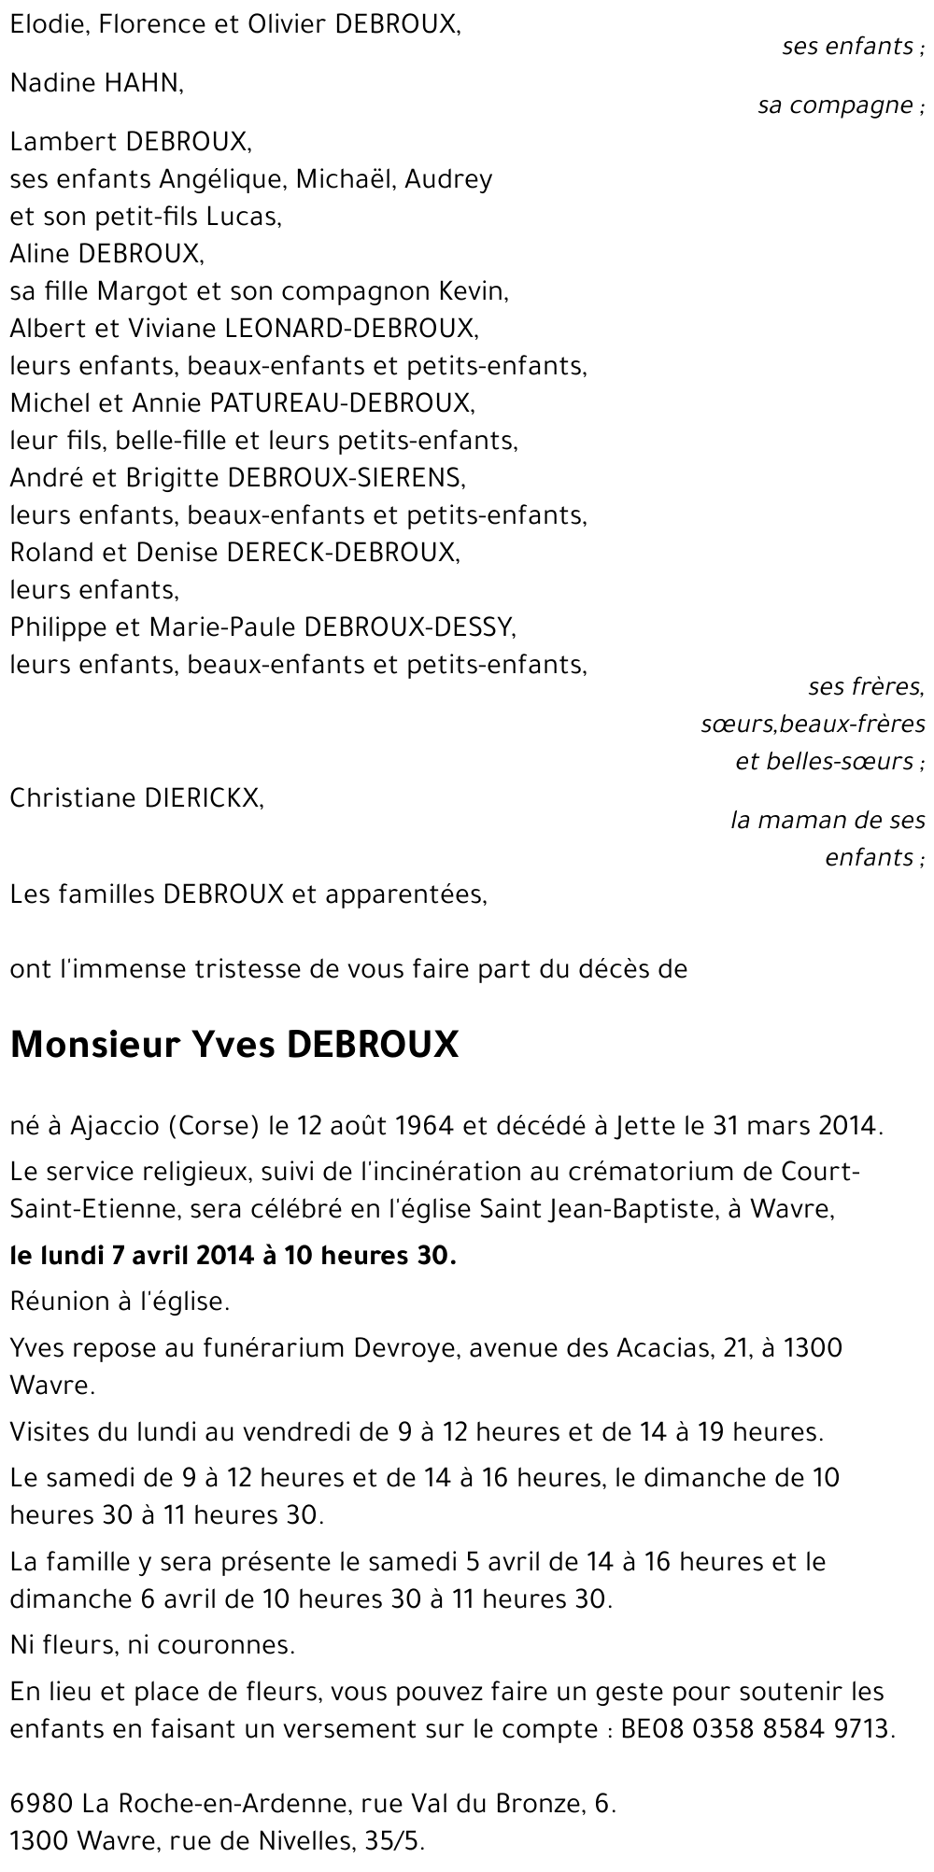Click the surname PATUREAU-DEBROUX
coord(343,403)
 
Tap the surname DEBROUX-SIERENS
coord(345,478)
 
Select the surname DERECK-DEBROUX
coord(343,553)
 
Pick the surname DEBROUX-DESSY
coord(409,627)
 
